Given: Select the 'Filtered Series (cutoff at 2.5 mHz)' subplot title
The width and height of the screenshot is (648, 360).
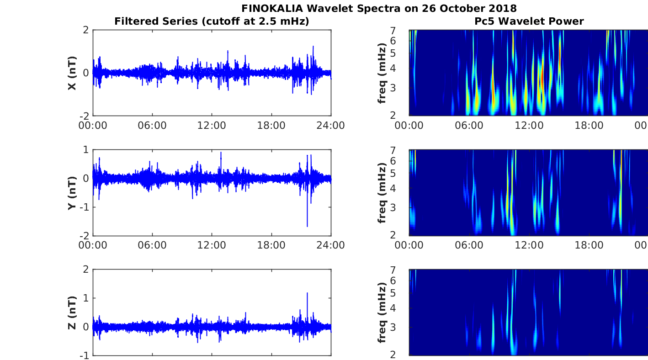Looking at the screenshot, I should pyautogui.click(x=212, y=21).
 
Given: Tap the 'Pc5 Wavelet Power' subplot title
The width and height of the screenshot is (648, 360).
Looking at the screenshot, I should pyautogui.click(x=529, y=21).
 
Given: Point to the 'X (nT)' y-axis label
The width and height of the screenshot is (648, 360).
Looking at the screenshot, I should pyautogui.click(x=72, y=73).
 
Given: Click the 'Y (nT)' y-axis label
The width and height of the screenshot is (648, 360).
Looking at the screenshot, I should pyautogui.click(x=72, y=193).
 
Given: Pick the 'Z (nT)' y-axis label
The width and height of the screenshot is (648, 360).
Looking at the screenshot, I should pyautogui.click(x=72, y=312).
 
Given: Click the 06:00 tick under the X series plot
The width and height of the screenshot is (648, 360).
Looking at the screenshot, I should pyautogui.click(x=152, y=126).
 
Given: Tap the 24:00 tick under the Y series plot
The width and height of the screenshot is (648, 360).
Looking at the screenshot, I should pyautogui.click(x=330, y=245).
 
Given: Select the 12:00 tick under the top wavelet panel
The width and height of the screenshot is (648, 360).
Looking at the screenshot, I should pyautogui.click(x=529, y=126).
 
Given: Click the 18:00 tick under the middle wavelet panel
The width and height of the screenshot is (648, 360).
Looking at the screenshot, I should pyautogui.click(x=589, y=245).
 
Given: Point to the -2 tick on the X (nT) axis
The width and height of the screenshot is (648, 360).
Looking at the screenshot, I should pyautogui.click(x=84, y=116).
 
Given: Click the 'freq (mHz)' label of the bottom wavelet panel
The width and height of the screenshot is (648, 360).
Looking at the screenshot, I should pyautogui.click(x=382, y=312).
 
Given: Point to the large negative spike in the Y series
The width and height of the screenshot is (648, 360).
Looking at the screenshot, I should pyautogui.click(x=307, y=226).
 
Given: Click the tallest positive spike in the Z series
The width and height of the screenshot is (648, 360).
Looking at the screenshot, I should pyautogui.click(x=307, y=293).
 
